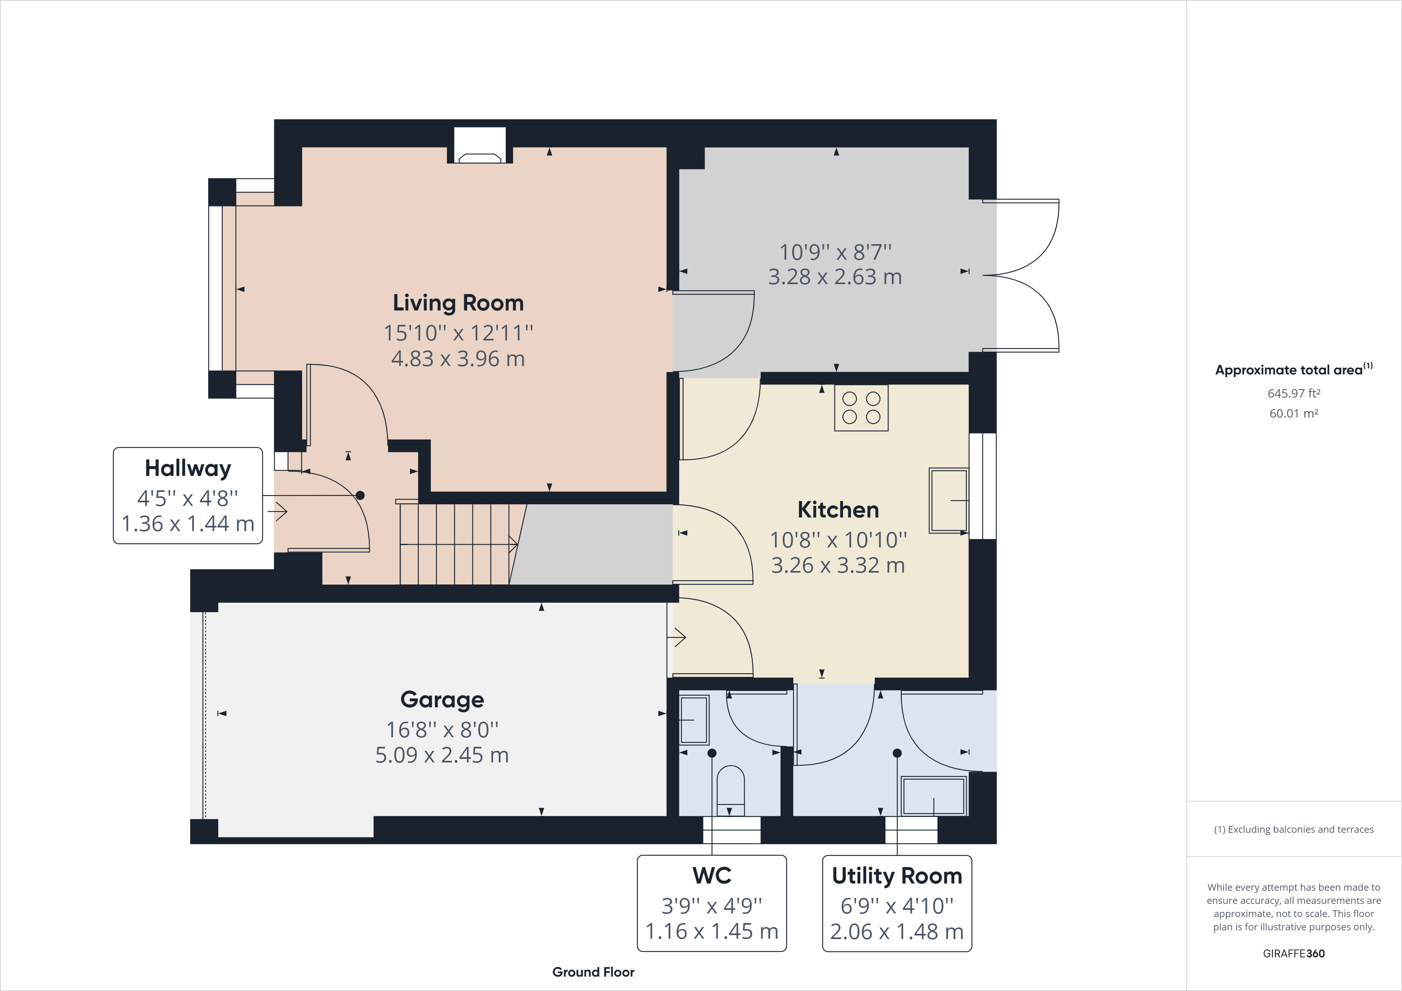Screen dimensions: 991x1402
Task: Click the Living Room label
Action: [458, 303]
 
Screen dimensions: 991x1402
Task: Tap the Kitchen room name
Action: [838, 510]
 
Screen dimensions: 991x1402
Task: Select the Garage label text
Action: [442, 699]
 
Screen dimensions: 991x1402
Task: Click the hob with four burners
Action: [861, 408]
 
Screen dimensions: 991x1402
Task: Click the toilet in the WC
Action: [730, 791]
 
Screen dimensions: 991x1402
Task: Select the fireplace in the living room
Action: [480, 147]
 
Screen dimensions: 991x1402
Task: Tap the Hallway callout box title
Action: [187, 468]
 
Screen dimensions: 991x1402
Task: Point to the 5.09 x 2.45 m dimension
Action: [442, 755]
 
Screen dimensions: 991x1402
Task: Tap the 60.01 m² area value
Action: [1293, 413]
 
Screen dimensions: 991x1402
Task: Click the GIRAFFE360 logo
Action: [1293, 953]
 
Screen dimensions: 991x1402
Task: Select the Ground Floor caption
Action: [593, 972]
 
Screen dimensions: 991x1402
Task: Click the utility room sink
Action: [934, 796]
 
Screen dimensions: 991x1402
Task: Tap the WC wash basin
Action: [694, 720]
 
